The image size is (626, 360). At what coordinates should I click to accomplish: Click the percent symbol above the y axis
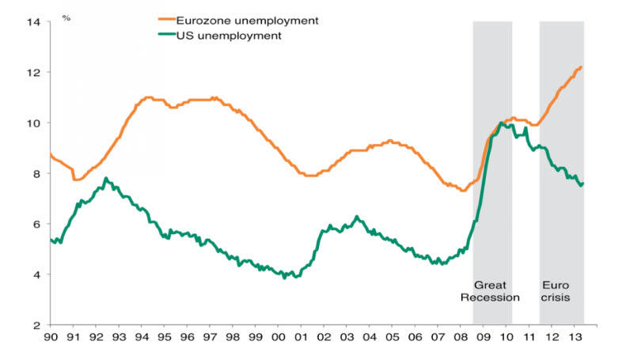click(x=66, y=15)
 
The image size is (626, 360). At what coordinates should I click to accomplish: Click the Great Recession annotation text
click(x=495, y=291)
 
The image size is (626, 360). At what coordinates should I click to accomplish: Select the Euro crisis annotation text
click(x=556, y=291)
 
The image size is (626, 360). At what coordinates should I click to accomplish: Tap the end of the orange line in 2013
click(x=582, y=67)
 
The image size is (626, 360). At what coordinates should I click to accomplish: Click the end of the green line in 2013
click(x=583, y=184)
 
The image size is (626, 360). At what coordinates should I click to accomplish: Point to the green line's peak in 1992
click(x=106, y=179)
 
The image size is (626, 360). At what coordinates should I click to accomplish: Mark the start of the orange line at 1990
click(x=50, y=154)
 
